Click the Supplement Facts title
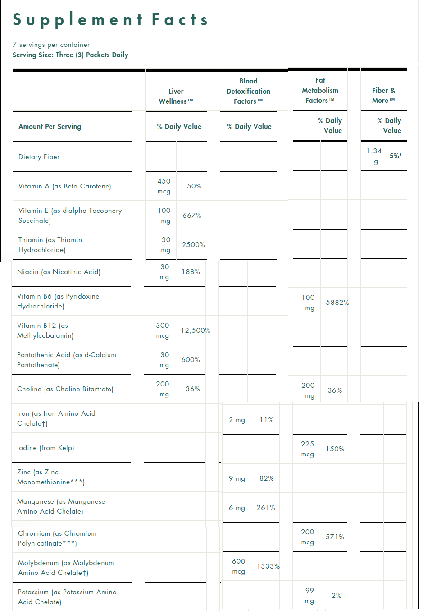(x=110, y=20)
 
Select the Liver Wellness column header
(x=176, y=96)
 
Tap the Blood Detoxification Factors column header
(x=248, y=91)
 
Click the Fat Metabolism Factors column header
(x=320, y=90)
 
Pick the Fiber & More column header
(x=383, y=95)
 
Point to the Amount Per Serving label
(x=50, y=127)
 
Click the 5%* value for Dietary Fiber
(x=396, y=156)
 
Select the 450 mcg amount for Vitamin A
(x=164, y=186)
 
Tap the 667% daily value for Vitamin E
(x=192, y=216)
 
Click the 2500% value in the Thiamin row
(x=193, y=245)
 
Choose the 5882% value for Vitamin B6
(x=337, y=303)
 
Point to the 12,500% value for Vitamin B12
(x=196, y=331)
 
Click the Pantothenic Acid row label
(x=66, y=360)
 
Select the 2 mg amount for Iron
(x=237, y=420)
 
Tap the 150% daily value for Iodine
(x=335, y=449)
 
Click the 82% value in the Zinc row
(x=267, y=478)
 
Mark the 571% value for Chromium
(x=335, y=537)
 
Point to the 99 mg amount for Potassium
(x=309, y=596)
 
